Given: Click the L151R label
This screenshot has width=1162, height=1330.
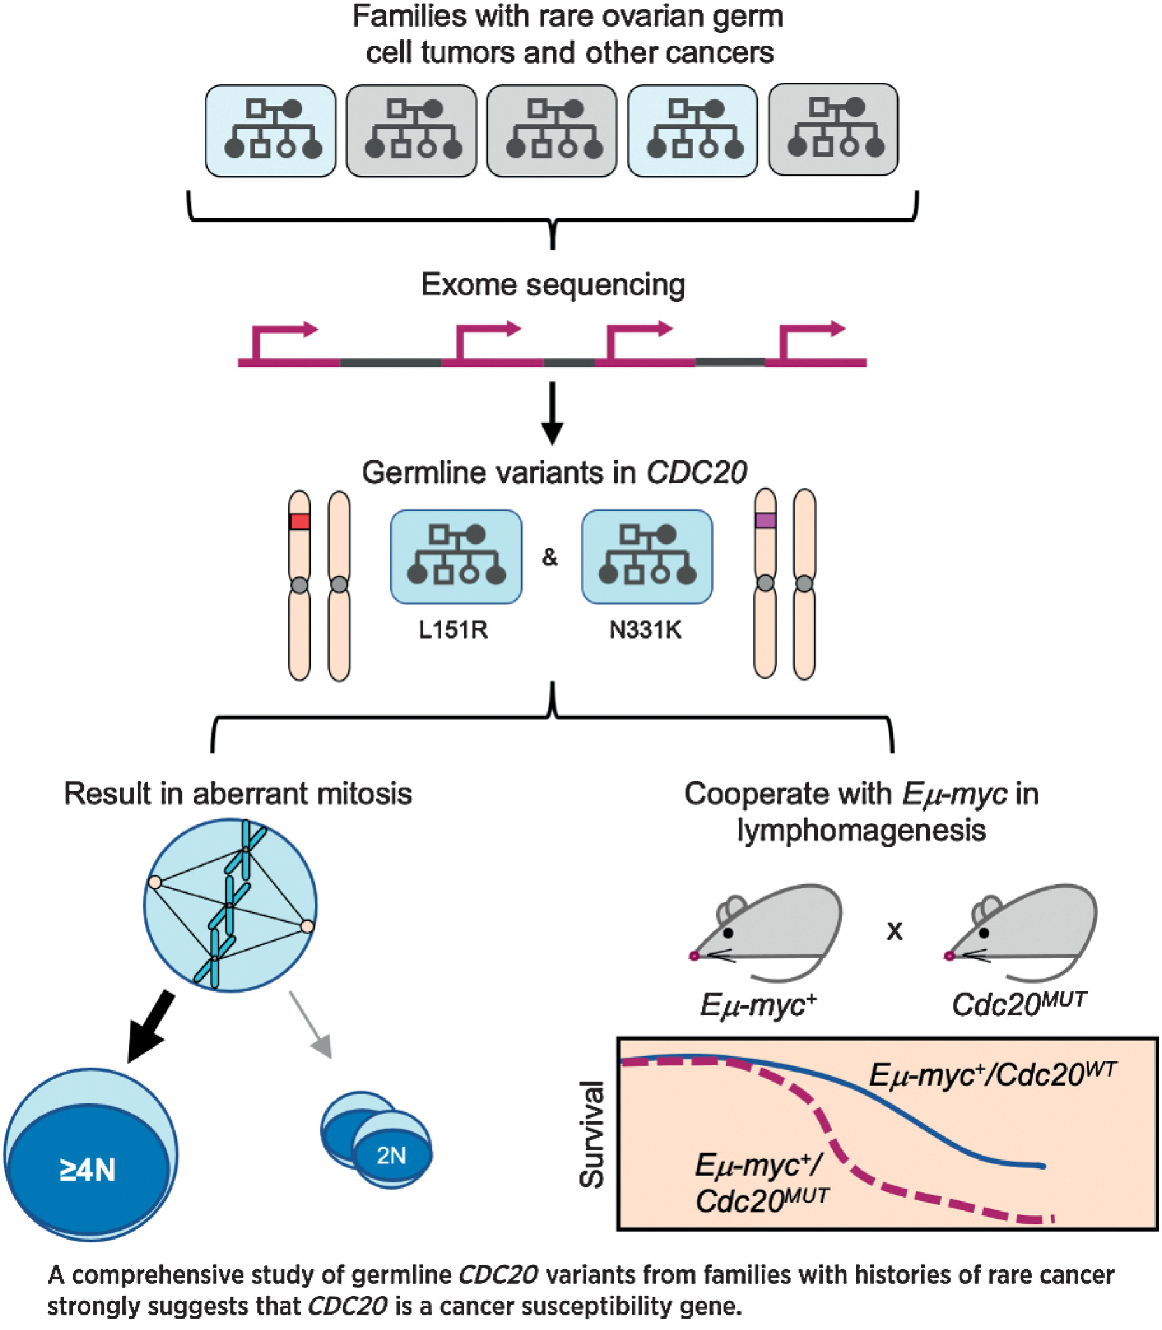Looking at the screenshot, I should click(453, 630).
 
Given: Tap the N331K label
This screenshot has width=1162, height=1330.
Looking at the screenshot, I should click(645, 630).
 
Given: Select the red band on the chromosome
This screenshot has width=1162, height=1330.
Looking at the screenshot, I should click(300, 521).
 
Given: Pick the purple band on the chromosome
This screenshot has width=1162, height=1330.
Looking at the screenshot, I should click(765, 520).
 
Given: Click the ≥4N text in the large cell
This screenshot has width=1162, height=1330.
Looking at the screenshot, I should click(87, 1170).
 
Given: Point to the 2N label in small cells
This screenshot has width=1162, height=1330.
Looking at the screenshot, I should click(391, 1155).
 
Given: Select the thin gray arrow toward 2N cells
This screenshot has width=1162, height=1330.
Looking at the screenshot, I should click(311, 1024).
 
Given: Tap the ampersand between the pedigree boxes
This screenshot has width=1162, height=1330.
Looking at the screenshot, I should click(550, 556).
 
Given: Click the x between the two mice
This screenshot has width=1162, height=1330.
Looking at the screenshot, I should click(894, 931).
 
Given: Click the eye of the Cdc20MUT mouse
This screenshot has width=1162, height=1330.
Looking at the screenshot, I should click(984, 933).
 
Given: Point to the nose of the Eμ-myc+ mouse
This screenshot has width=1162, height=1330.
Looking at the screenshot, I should click(694, 956).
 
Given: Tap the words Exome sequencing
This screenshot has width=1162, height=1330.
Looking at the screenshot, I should click(553, 285).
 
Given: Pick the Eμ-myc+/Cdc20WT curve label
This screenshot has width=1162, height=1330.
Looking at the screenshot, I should click(992, 1075).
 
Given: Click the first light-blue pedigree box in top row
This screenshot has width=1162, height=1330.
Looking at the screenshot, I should click(271, 131).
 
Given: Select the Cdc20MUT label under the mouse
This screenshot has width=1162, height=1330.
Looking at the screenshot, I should click(1019, 1004).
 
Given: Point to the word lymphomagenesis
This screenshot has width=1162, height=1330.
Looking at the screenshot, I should click(861, 830).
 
